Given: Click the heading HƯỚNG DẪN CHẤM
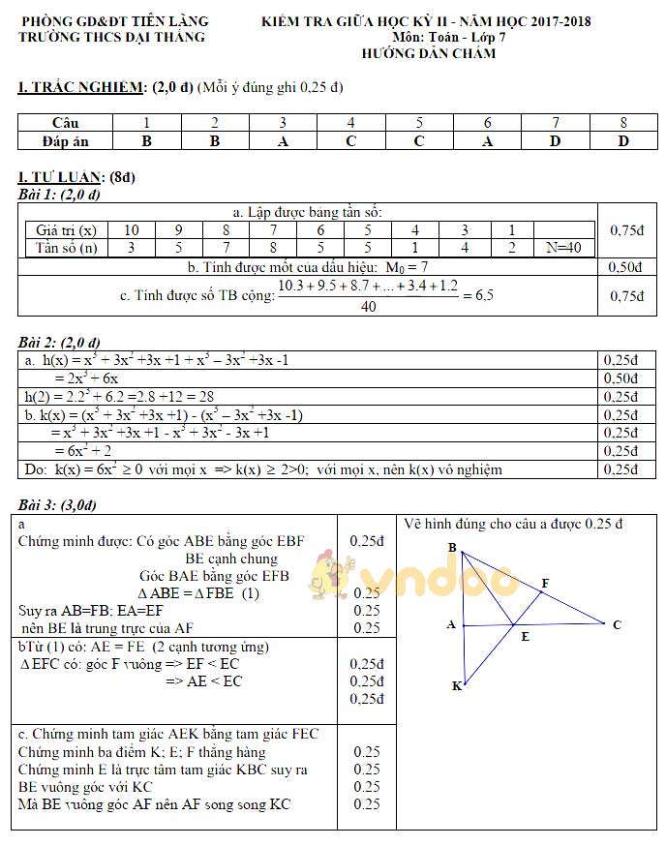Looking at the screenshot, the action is (428, 53).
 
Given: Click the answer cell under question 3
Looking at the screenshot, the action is (283, 140).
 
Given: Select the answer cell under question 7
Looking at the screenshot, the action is (556, 140).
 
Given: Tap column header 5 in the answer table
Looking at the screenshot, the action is (419, 123).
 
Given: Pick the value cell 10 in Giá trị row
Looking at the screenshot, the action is (132, 230).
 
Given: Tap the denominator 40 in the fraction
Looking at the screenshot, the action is (368, 307).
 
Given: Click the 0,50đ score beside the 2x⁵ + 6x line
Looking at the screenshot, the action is (621, 378).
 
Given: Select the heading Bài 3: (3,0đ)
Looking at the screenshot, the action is (57, 505).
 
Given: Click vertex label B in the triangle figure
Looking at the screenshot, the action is (452, 548).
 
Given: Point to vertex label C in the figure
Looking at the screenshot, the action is (617, 624).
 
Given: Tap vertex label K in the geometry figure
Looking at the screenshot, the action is (456, 685).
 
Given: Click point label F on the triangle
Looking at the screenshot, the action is (545, 583).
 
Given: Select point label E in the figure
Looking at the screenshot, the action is (525, 637).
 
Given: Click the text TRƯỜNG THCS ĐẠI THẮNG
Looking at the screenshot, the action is (112, 37).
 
